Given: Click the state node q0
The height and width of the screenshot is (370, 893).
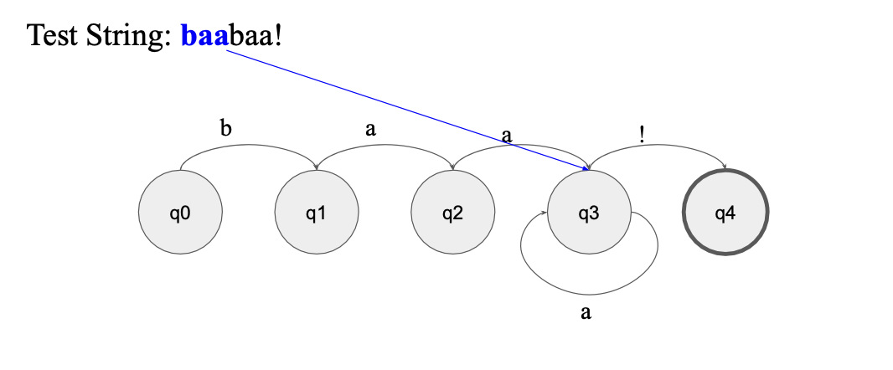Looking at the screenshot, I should pyautogui.click(x=180, y=213).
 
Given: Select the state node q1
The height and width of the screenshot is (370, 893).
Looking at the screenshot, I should pyautogui.click(x=317, y=213).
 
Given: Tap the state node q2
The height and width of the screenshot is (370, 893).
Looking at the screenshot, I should pyautogui.click(x=452, y=213).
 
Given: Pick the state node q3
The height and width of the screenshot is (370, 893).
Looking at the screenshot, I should pyautogui.click(x=589, y=213).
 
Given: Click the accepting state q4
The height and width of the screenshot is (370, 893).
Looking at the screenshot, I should pyautogui.click(x=725, y=213).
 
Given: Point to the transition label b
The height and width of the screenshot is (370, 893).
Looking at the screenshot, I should pyautogui.click(x=225, y=129).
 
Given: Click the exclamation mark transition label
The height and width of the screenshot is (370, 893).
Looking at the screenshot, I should pyautogui.click(x=642, y=134).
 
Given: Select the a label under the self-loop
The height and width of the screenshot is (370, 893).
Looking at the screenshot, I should pyautogui.click(x=586, y=313).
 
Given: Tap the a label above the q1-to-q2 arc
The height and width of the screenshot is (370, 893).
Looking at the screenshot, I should pyautogui.click(x=370, y=129).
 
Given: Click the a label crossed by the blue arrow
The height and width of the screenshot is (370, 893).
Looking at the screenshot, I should pyautogui.click(x=506, y=135).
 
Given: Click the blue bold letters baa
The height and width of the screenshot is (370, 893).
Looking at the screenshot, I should pyautogui.click(x=204, y=36).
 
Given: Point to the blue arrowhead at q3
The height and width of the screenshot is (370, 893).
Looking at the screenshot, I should pyautogui.click(x=585, y=169).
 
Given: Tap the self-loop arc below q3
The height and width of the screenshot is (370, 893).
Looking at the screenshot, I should pyautogui.click(x=589, y=294).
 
